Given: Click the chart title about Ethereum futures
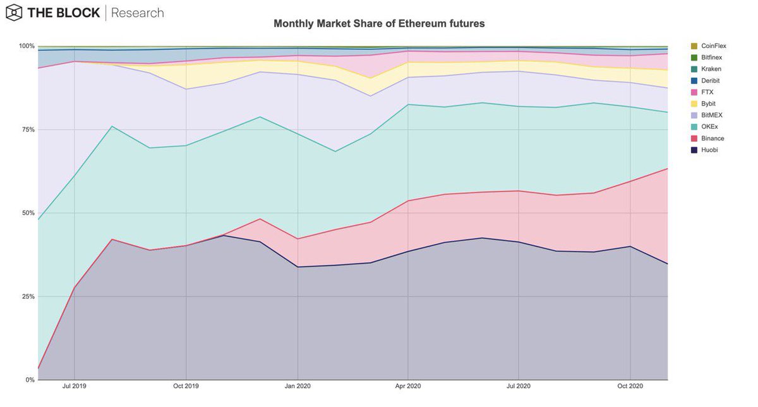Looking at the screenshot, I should pyautogui.click(x=378, y=23).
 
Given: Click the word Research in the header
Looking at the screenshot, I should pyautogui.click(x=137, y=13).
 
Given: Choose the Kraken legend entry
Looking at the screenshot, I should pyautogui.click(x=712, y=69).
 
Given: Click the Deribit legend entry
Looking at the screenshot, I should pyautogui.click(x=712, y=81).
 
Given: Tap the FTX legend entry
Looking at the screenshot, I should pyautogui.click(x=708, y=92).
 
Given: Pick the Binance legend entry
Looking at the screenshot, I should pyautogui.click(x=713, y=138).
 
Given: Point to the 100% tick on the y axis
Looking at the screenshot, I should pyautogui.click(x=27, y=46).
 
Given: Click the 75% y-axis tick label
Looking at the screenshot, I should pyautogui.click(x=28, y=130).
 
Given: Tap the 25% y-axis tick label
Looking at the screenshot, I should pyautogui.click(x=28, y=296).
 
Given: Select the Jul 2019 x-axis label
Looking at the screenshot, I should pyautogui.click(x=75, y=386).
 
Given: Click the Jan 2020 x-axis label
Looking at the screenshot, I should pyautogui.click(x=298, y=386).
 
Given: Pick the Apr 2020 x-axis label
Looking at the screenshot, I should pyautogui.click(x=408, y=386).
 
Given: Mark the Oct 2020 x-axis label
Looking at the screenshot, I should pyautogui.click(x=630, y=386).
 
